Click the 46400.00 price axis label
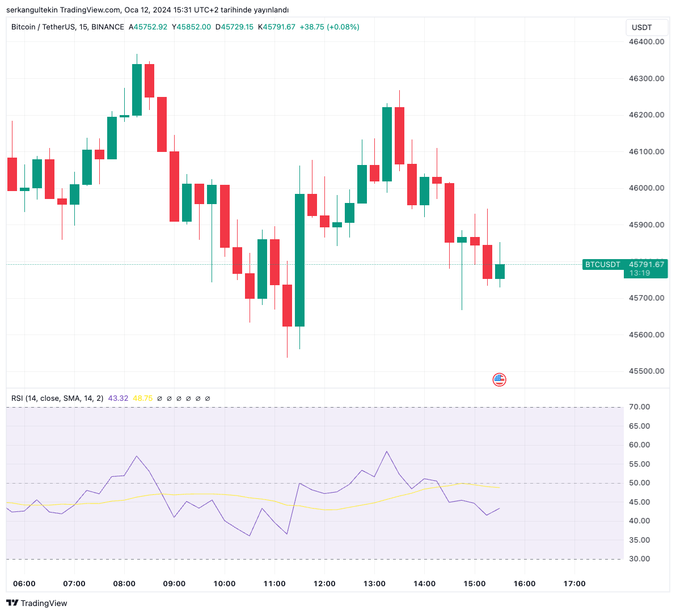tap(646, 42)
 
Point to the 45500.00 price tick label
tap(646, 371)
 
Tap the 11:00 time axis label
tap(274, 583)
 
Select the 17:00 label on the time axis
tap(574, 583)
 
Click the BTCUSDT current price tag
tap(603, 264)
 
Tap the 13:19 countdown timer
tap(639, 273)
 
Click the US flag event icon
tap(499, 380)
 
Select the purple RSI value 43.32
tap(118, 399)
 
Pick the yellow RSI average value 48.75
tap(142, 399)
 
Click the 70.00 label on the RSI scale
tap(639, 407)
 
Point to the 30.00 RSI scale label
tap(639, 559)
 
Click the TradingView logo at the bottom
tap(37, 603)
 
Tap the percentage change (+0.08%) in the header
tap(342, 27)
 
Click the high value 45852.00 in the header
tap(193, 27)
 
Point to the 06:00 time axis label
tap(24, 583)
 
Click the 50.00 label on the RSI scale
tap(639, 483)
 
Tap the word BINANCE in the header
tap(108, 27)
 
